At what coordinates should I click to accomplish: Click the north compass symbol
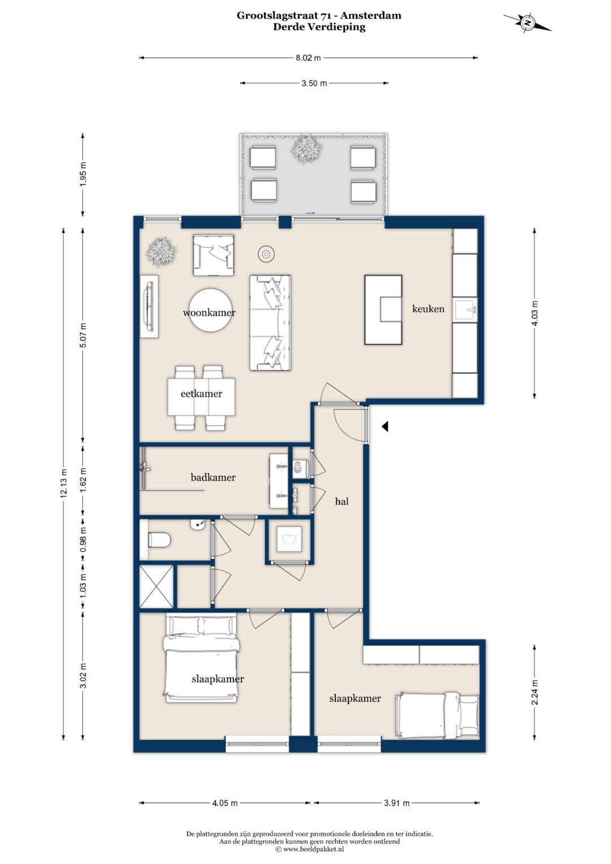click(x=527, y=23)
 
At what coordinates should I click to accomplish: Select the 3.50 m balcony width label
click(x=314, y=83)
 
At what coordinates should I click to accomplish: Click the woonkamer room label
click(x=209, y=312)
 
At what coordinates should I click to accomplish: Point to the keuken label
click(x=428, y=308)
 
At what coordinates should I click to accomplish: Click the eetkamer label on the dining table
click(x=201, y=394)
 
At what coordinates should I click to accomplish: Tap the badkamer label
click(x=213, y=478)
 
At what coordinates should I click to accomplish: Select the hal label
click(x=342, y=501)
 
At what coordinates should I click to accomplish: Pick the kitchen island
click(x=384, y=310)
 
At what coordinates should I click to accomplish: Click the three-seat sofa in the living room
click(x=270, y=323)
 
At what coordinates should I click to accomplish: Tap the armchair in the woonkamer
click(x=213, y=255)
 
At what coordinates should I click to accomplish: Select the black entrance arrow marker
click(x=385, y=427)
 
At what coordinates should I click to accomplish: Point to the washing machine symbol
click(x=289, y=540)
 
